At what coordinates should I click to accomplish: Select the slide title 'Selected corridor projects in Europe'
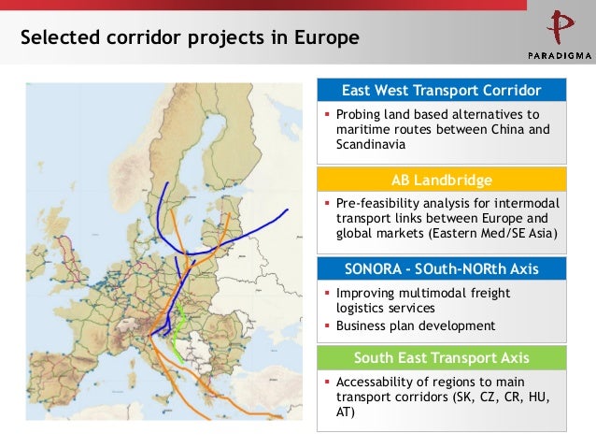(190, 38)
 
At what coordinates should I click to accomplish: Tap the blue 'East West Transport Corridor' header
(442, 91)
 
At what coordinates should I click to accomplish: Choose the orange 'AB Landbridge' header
(442, 180)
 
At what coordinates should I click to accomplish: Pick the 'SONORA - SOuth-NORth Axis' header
(442, 268)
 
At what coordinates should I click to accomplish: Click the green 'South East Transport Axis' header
(442, 357)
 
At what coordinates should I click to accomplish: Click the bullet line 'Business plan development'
(416, 325)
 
